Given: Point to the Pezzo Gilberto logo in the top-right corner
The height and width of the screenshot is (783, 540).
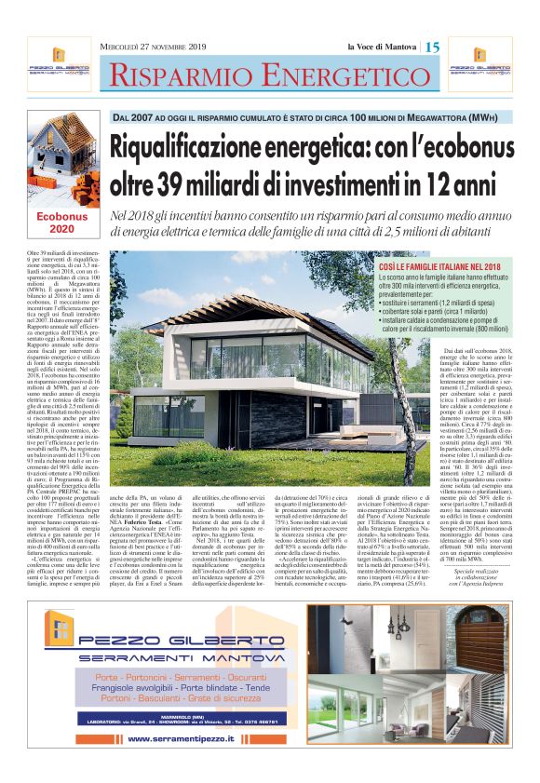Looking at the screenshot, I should click(491, 65).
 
